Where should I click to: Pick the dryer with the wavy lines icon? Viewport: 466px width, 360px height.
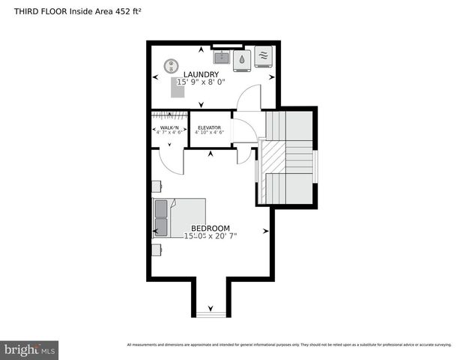coord(263,56)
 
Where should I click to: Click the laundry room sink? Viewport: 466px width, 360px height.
coord(222,56)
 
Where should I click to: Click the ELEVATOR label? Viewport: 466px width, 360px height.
coord(209,128)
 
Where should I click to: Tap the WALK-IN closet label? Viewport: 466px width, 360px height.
coord(169,128)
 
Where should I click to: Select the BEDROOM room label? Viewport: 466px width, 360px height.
coord(210,228)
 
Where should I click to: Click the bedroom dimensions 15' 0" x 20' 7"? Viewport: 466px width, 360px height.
coord(210,236)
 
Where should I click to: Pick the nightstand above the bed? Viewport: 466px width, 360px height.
coord(157,185)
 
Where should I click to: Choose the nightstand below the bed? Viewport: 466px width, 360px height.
coord(157,249)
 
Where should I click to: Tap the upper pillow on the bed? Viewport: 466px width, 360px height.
coord(161,208)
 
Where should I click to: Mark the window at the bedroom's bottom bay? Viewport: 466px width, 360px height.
coord(210,314)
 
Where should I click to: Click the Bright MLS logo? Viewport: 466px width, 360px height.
coord(30,349)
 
